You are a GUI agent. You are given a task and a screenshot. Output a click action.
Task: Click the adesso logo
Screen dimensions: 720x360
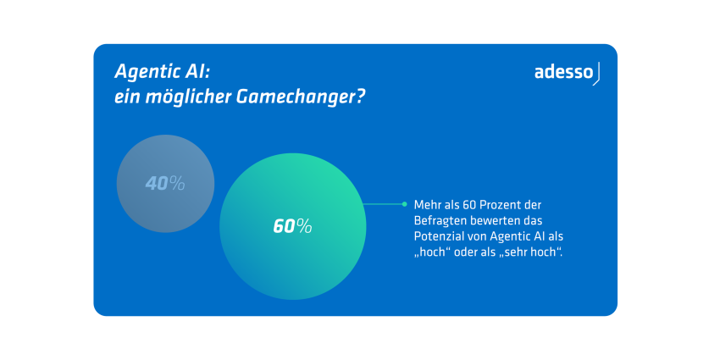567,74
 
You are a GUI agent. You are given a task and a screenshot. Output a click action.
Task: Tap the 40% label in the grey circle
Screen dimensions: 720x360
165,184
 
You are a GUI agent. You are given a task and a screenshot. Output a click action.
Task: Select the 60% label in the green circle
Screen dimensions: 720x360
292,226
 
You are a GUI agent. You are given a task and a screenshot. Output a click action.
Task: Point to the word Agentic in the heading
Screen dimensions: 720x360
144,72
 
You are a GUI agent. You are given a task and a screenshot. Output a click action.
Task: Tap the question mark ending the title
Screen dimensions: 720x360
361,97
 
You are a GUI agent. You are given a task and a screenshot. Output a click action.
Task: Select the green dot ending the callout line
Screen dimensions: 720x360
404,204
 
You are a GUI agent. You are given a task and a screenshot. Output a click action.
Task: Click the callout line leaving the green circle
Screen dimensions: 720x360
384,204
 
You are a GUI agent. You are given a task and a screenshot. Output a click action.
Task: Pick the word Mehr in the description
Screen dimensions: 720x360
424,204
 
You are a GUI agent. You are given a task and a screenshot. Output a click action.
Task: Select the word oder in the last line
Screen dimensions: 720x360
462,252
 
